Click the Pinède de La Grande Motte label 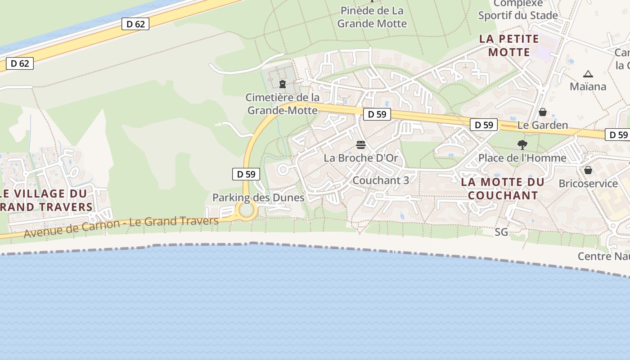[372, 17]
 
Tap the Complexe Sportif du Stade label [518, 9]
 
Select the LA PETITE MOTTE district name [509, 45]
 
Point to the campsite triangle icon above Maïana [588, 74]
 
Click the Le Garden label [543, 125]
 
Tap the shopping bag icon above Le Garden [543, 112]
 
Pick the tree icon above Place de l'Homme [522, 145]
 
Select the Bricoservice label [588, 183]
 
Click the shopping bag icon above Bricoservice [588, 170]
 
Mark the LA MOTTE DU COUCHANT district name [503, 189]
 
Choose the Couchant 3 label [381, 180]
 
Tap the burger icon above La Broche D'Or [360, 145]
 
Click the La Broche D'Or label [361, 158]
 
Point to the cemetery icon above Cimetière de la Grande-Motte [283, 84]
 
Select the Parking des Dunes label [258, 198]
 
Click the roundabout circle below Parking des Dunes [247, 210]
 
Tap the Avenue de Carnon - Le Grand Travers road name [121, 227]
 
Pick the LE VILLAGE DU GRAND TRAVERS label [45, 200]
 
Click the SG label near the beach [501, 232]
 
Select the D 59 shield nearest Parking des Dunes [246, 174]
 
